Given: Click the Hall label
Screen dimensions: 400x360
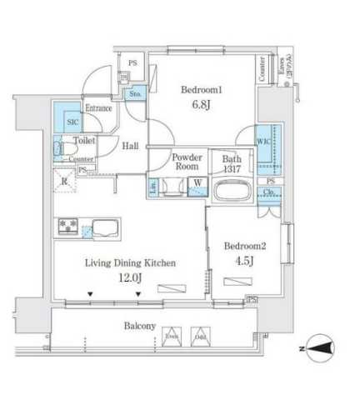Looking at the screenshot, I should coord(131,146).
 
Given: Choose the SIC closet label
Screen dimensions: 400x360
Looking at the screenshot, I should coord(72,121).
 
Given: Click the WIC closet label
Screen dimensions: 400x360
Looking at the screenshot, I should coord(262,140).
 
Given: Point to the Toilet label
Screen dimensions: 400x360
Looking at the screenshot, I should coord(84,142).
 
